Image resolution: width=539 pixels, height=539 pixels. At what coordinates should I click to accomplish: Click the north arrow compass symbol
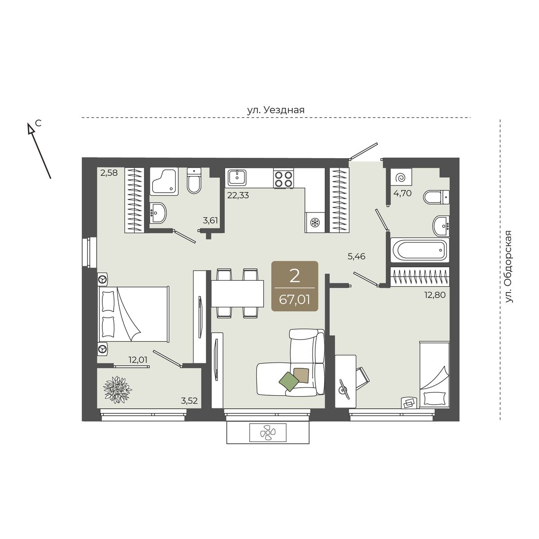click(39, 151)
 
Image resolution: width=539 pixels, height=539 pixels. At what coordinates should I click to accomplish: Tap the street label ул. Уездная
click(275, 110)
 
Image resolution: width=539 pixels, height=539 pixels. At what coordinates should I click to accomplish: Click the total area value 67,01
click(295, 300)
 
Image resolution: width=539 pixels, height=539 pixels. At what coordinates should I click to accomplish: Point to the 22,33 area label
click(238, 195)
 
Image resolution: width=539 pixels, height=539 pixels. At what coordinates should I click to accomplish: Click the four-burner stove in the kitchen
click(283, 179)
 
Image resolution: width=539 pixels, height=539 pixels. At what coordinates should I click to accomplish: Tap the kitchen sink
click(237, 177)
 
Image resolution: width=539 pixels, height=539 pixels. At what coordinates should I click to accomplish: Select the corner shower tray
click(164, 181)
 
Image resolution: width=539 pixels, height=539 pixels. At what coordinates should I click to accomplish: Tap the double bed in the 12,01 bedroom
click(134, 314)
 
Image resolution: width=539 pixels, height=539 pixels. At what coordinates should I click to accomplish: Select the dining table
click(238, 294)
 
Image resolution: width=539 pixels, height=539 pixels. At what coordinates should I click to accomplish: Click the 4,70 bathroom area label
click(402, 193)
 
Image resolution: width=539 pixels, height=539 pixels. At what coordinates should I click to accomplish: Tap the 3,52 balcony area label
click(190, 401)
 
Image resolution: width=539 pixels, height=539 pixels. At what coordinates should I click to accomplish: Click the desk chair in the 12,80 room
click(362, 376)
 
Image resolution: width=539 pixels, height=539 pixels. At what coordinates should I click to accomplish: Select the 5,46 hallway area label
click(356, 256)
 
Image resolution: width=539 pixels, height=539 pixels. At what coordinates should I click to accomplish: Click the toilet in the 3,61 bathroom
click(194, 181)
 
